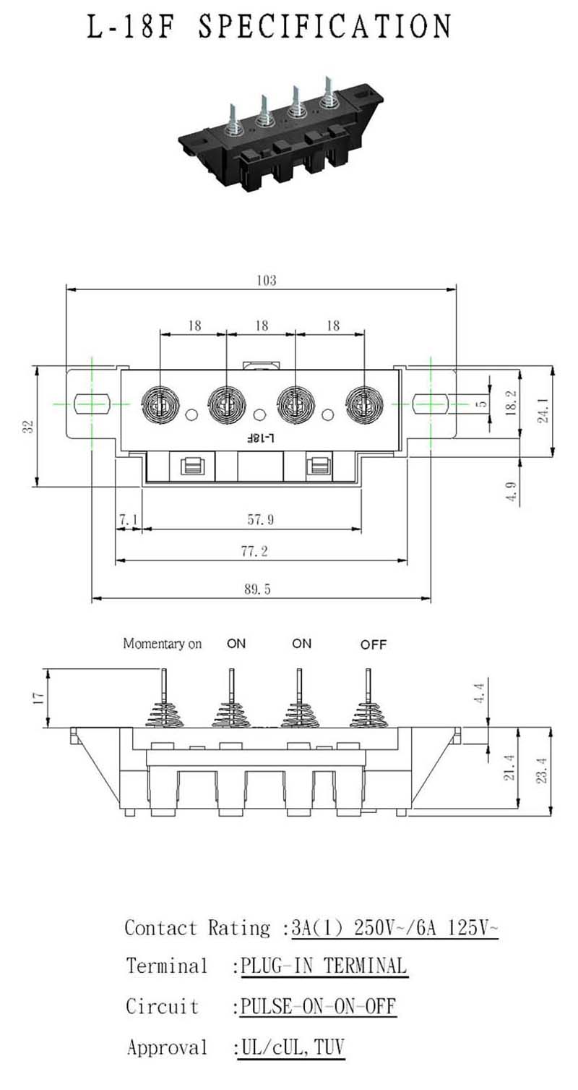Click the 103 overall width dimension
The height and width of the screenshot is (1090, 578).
coord(267,281)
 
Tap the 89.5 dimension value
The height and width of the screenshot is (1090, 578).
coord(257,589)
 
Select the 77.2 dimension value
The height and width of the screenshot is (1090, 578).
coord(254,551)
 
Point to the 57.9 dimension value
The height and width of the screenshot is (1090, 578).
coord(261,520)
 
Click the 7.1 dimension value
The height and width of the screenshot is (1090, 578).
coord(129,520)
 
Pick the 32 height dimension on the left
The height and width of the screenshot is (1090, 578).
coord(29,427)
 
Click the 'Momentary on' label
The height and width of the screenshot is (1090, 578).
coord(163,644)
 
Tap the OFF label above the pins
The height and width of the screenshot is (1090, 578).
coord(374,644)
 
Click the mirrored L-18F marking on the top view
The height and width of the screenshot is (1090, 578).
coord(261,438)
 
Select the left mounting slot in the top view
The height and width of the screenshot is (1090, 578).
coord(91,404)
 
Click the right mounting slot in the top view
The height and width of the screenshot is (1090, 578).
coord(431,404)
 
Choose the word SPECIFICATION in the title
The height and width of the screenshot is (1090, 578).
coord(324,26)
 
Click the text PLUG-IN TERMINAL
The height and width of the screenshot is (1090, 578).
coord(324,966)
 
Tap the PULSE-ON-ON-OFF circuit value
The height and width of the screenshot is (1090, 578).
coord(319,1006)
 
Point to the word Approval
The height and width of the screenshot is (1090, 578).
coord(167,1047)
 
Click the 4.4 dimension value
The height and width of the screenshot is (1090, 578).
coord(479,693)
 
